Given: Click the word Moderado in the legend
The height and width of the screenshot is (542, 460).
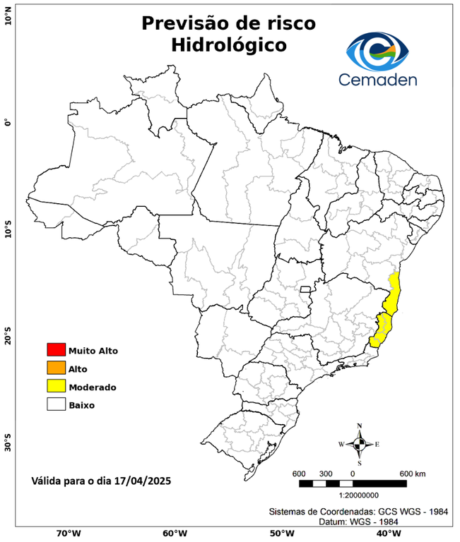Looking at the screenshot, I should click(93, 387).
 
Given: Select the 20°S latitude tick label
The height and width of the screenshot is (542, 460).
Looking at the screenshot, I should click(8, 336).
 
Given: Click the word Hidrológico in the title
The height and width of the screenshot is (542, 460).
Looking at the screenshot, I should click(229, 46).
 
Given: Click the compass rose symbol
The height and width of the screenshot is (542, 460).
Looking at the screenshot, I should click(359, 444).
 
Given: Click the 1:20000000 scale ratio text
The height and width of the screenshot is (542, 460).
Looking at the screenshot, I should click(353, 496).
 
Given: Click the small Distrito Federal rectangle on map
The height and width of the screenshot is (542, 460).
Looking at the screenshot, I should click(306, 289).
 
